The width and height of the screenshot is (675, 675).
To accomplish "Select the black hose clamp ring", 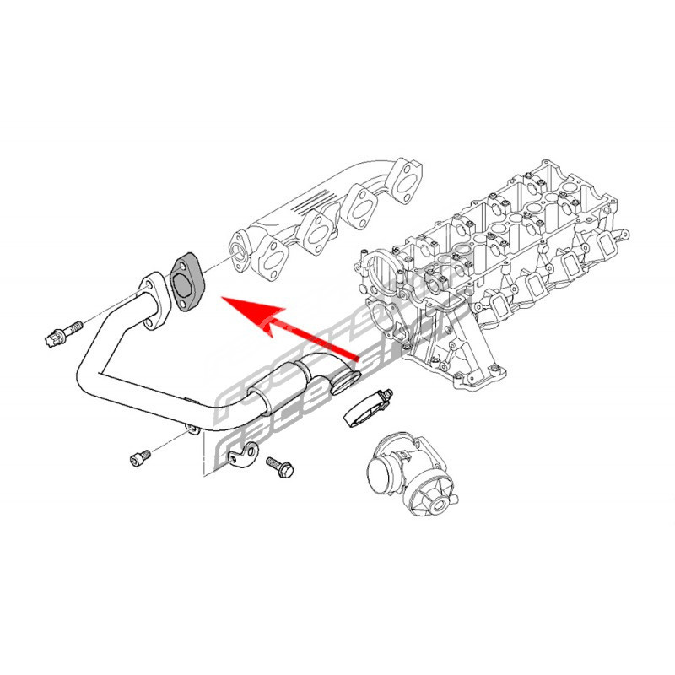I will [364, 407].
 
